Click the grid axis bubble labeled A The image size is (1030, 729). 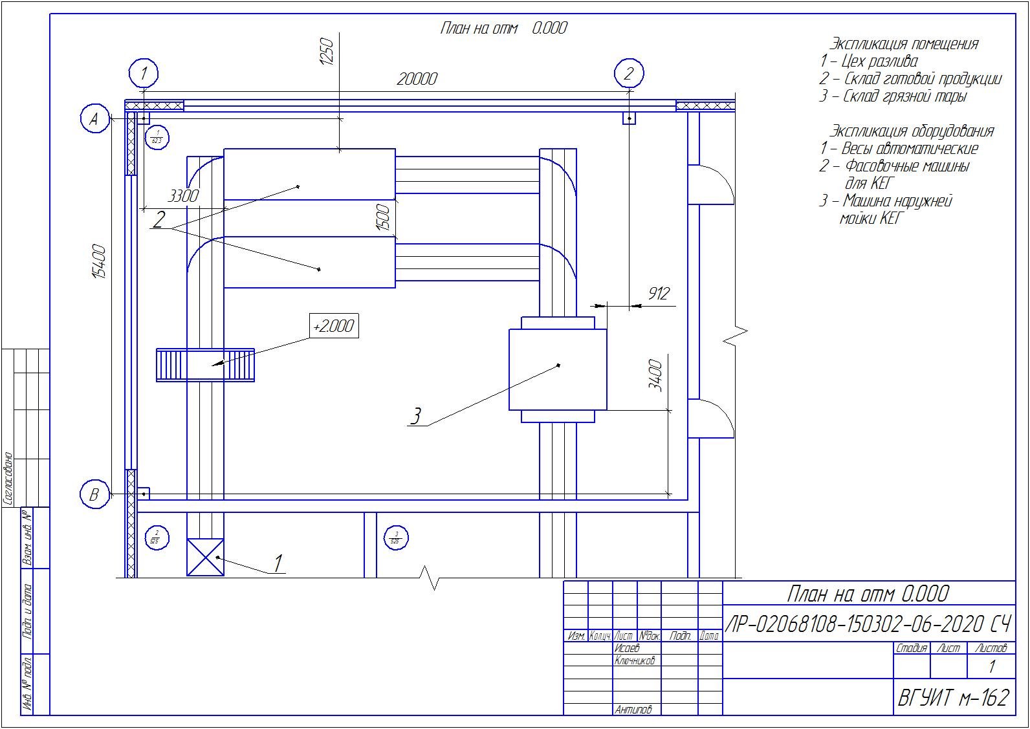coord(95,119)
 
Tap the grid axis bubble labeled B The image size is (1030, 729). coord(94,495)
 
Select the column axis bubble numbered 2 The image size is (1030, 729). coord(629,73)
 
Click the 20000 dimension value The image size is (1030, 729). coord(417,79)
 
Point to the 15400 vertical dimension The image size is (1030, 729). coord(99,261)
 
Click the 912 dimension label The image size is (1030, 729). coord(659,294)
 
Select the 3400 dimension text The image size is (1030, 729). coord(655,375)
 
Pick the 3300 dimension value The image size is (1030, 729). coord(183,195)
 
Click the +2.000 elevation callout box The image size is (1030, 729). coord(333,326)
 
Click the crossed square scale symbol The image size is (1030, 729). coord(205,557)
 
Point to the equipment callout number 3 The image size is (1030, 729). coord(416,416)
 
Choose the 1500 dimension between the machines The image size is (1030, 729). coord(383,218)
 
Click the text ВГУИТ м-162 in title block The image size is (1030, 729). coord(954,697)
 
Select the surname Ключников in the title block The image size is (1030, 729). coord(635,660)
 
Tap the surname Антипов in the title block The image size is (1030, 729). coord(633,710)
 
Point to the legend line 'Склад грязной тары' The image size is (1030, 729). coord(893,96)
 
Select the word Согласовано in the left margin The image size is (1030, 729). coord(8,478)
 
